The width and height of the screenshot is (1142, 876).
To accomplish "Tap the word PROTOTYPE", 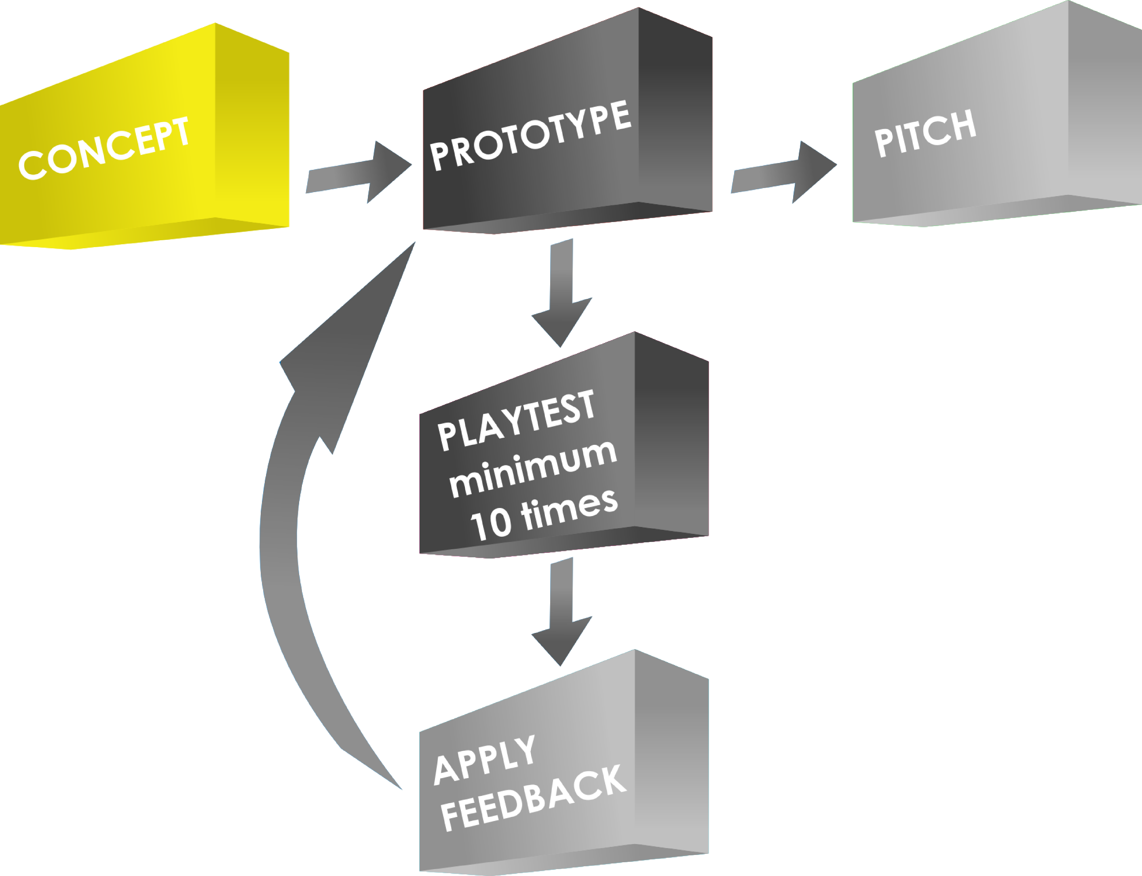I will (531, 135).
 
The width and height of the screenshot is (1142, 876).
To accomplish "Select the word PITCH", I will (925, 133).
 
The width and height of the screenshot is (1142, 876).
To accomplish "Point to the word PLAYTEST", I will (516, 420).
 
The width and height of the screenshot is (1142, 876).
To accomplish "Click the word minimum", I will (533, 469).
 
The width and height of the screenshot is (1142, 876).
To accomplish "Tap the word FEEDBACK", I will (533, 798).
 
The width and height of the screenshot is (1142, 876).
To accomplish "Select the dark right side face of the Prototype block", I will (675, 115).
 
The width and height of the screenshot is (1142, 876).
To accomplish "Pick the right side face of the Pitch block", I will (1105, 104).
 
